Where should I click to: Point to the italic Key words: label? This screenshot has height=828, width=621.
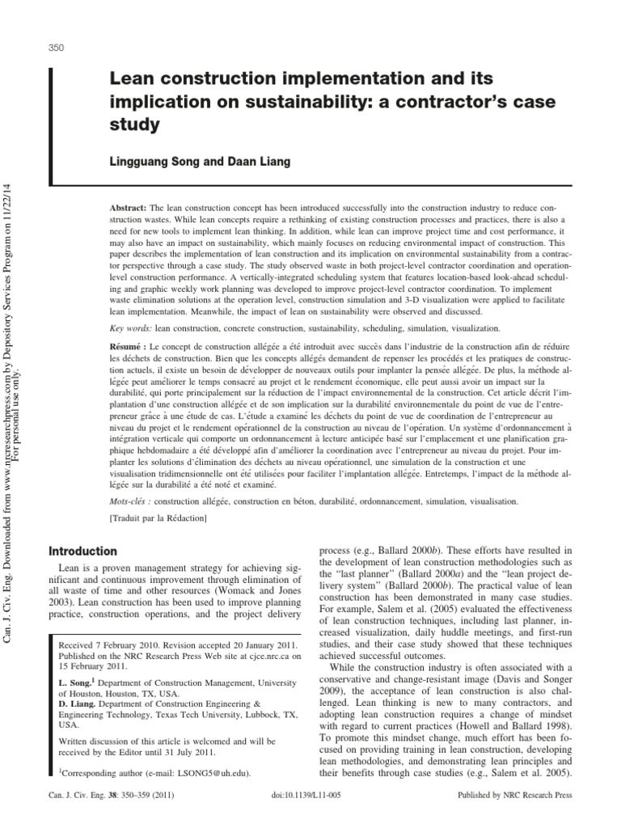click(x=129, y=329)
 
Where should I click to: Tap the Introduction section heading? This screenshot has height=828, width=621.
click(x=83, y=551)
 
